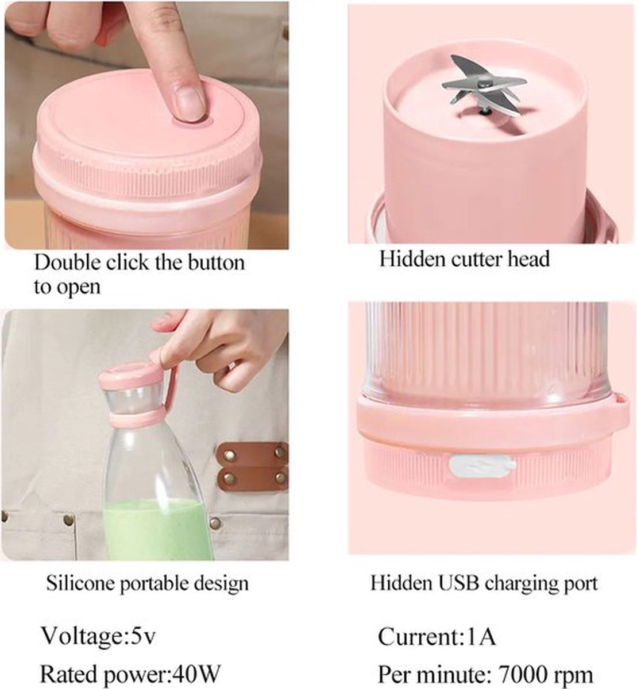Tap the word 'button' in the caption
click(x=216, y=262)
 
